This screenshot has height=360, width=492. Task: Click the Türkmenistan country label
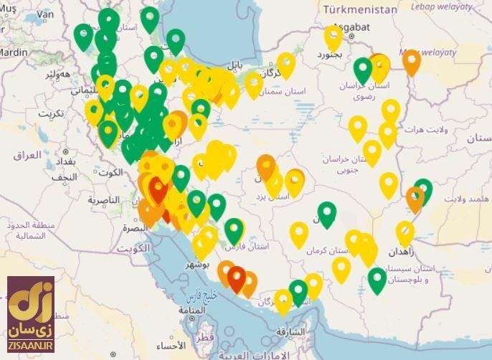359,9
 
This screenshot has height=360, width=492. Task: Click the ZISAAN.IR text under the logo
30,347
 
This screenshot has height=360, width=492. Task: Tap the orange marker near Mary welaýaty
411,62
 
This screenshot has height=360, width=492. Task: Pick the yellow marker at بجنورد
333,37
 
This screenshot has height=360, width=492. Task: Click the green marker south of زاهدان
377,280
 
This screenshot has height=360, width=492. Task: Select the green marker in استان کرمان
327,214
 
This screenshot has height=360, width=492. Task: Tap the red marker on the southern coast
236,278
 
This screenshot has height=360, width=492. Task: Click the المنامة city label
193,311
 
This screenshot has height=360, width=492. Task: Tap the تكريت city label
51,113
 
